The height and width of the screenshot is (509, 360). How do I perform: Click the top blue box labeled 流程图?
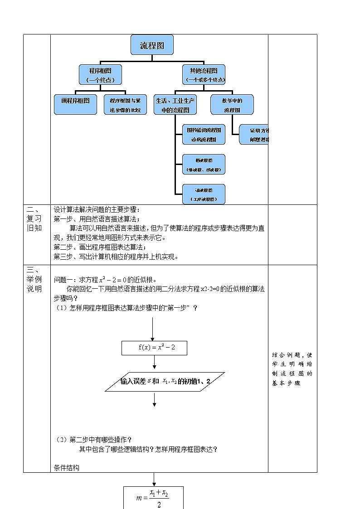pos(151,45)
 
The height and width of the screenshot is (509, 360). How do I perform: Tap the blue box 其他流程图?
pos(204,74)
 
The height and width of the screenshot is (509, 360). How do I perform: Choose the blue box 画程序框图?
pos(75,104)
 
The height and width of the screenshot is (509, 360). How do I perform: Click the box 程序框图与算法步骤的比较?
pos(125,104)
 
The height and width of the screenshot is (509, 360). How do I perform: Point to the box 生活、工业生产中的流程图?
pos(175,104)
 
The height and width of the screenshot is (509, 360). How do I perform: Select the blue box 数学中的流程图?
pos(232,104)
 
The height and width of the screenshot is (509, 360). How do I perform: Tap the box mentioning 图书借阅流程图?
pos(204,134)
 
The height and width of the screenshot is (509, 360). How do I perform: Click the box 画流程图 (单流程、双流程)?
pos(204,165)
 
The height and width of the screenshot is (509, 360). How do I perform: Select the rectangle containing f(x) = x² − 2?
pos(154,348)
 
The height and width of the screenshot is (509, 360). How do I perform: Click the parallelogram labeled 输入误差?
pos(165,382)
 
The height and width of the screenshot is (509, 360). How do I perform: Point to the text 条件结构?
pos(66,468)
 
